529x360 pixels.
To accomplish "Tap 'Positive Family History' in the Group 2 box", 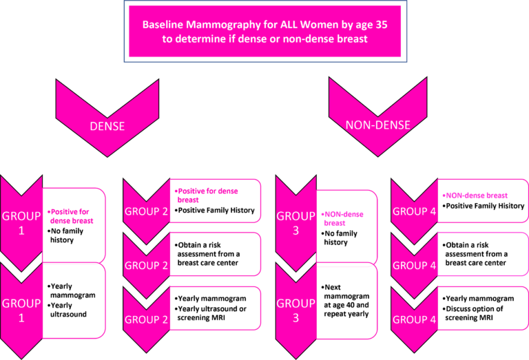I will pyautogui.click(x=216, y=210).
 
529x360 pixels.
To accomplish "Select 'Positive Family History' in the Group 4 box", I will pyautogui.click(x=484, y=206).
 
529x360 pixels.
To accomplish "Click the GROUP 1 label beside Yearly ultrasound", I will pyautogui.click(x=21, y=310).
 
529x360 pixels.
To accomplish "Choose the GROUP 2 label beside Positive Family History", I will pyautogui.click(x=145, y=211).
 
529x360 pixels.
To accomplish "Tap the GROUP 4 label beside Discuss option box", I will pyautogui.click(x=414, y=319).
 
